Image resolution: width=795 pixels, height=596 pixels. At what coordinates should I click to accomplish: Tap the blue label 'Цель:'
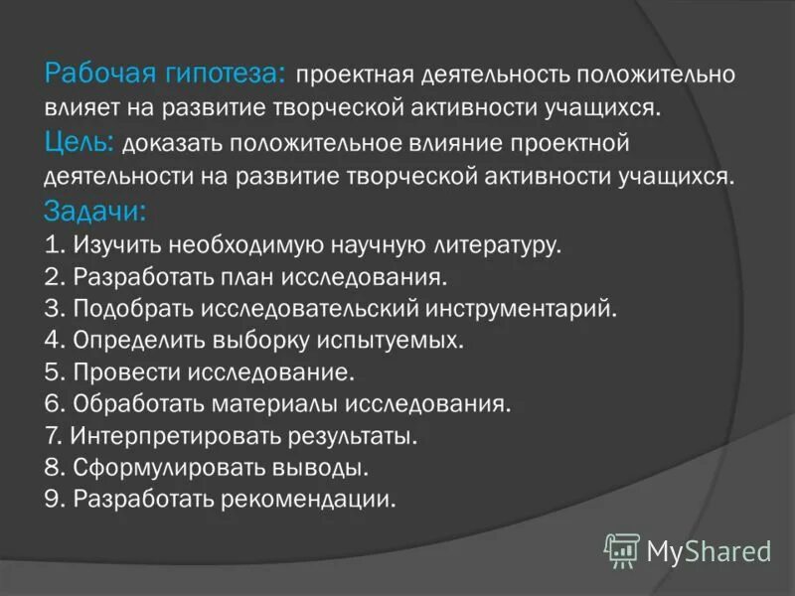point(81,143)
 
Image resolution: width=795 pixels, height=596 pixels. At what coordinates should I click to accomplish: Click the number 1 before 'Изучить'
point(52,244)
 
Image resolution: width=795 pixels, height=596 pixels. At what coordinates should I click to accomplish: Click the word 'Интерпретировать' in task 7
point(174,435)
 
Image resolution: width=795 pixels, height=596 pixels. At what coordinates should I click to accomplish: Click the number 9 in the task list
point(52,498)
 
